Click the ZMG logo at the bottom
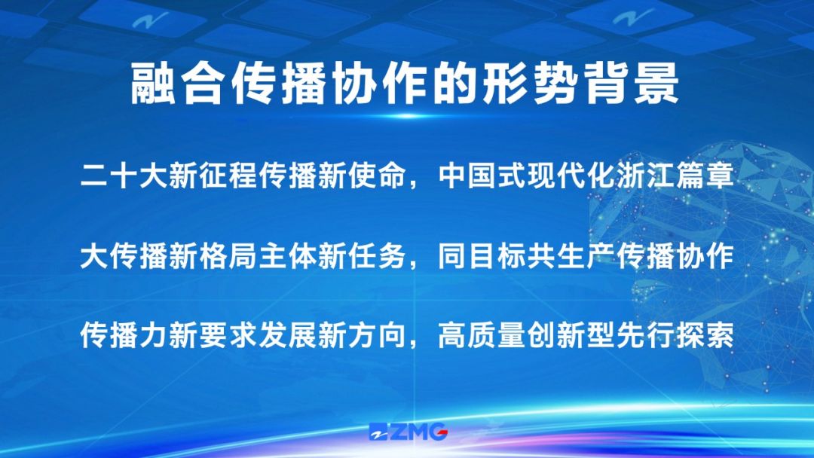click(408, 432)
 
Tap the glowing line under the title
click(407, 116)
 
